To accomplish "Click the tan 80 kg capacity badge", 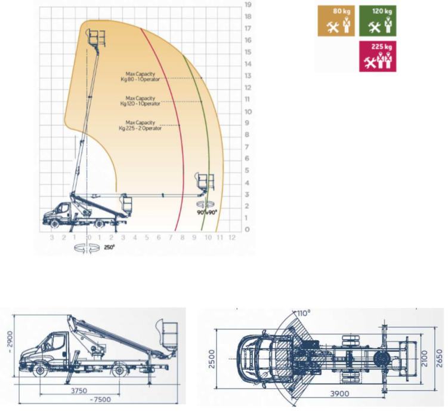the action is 336,21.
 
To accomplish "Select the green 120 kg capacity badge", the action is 378,21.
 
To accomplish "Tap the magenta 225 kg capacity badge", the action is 378,56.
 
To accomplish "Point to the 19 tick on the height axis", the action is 248,5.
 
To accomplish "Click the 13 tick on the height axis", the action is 248,76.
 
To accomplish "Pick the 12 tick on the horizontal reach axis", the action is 232,237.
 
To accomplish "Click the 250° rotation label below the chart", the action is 109,247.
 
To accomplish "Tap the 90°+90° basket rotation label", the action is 207,213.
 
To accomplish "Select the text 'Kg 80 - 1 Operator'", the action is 140,79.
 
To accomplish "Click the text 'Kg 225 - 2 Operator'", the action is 140,128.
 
